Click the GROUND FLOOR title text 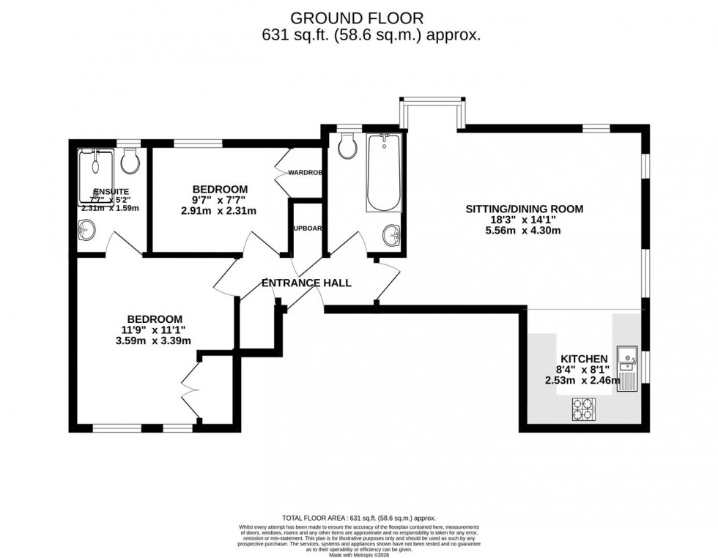[x=358, y=17]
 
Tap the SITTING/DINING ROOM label [x=525, y=209]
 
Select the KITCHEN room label [x=584, y=358]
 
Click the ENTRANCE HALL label [x=306, y=283]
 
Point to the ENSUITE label [x=95, y=191]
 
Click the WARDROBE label [x=306, y=173]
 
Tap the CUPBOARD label [x=308, y=228]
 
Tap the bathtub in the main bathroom [x=384, y=173]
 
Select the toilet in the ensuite [x=130, y=162]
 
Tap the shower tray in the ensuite [x=95, y=176]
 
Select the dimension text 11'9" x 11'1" [x=155, y=330]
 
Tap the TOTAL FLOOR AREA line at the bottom [x=358, y=518]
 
